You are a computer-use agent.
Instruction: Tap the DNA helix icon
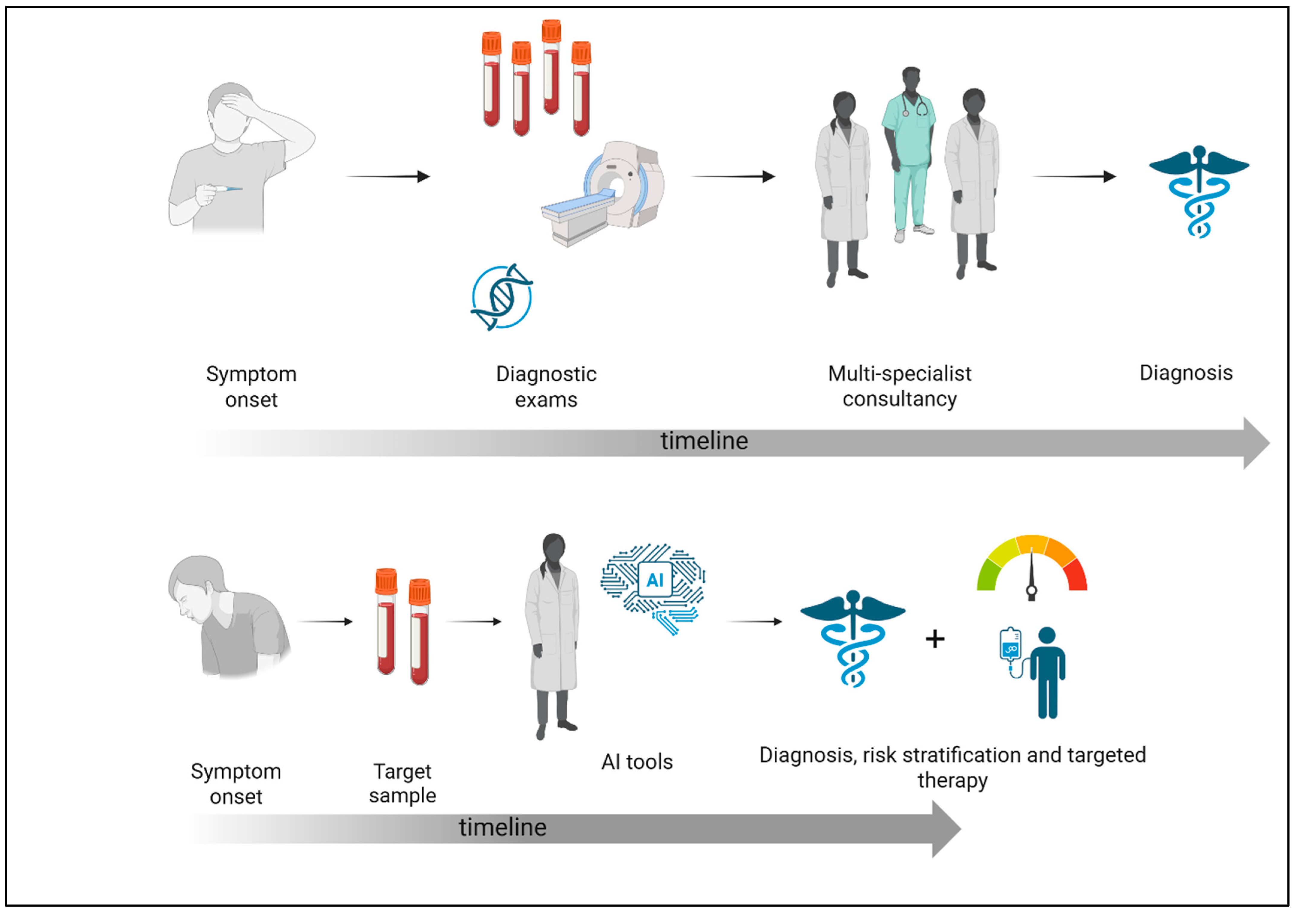pos(502,297)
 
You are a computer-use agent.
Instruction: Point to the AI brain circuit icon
pos(654,586)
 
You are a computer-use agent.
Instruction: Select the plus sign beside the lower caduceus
pos(935,639)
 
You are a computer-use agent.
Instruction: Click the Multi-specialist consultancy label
pos(900,386)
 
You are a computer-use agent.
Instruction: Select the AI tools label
pos(637,762)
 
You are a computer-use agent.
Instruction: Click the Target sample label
pos(402,783)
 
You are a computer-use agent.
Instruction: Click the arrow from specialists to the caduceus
pos(1074,176)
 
